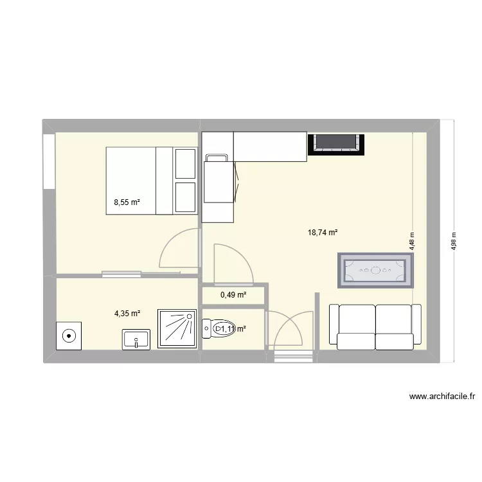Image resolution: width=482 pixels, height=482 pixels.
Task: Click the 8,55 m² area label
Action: pos(127,202)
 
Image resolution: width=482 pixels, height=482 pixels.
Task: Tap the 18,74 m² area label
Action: pos(323,234)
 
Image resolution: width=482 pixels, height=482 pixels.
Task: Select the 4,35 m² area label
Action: pos(127,314)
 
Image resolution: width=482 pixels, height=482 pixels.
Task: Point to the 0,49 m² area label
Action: pos(233,295)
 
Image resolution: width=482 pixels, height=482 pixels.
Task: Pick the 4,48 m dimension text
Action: pos(413,240)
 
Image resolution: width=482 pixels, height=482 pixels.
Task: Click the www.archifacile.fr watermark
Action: pos(442,397)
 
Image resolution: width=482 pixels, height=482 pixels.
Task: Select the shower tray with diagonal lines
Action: pos(178,329)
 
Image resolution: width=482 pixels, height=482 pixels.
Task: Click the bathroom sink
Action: pos(135,339)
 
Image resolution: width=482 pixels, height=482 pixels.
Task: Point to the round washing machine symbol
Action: pos(67,335)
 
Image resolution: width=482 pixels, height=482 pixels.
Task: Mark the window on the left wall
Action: pos(48,161)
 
